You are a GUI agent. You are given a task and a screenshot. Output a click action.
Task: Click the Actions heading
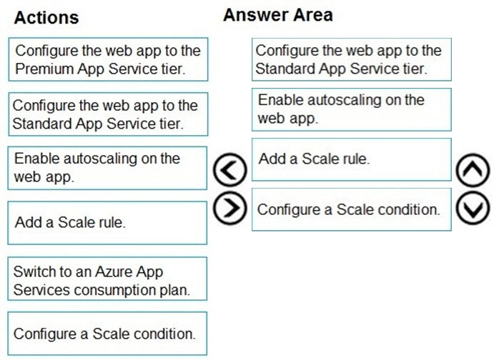(x=46, y=17)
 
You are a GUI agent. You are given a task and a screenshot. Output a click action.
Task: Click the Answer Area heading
(x=278, y=15)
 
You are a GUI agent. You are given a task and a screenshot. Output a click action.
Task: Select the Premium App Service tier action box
(x=108, y=59)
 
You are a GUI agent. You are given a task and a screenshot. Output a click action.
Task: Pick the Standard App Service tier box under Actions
(x=108, y=114)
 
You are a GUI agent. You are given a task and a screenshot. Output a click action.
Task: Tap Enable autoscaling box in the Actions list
(x=107, y=168)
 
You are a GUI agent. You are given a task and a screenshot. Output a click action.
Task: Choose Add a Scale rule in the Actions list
(x=107, y=223)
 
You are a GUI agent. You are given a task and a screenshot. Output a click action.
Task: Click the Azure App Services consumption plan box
(x=107, y=279)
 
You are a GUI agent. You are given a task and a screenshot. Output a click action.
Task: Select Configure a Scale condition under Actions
(x=107, y=334)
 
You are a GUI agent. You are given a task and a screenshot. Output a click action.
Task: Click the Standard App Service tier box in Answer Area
(x=352, y=59)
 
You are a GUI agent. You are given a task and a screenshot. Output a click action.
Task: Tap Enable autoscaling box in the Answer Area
(x=352, y=109)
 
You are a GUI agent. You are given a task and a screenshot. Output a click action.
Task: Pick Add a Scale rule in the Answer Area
(x=352, y=159)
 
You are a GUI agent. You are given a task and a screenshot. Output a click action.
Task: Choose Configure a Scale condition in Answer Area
(x=352, y=209)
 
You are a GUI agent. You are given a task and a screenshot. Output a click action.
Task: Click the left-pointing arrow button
(x=230, y=170)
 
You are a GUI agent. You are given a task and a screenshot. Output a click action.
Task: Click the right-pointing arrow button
(x=230, y=208)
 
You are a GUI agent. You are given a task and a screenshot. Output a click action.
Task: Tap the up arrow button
(x=473, y=170)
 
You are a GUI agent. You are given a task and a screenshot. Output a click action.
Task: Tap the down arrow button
(x=473, y=208)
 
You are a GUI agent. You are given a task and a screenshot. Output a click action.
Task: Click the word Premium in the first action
(x=44, y=69)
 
